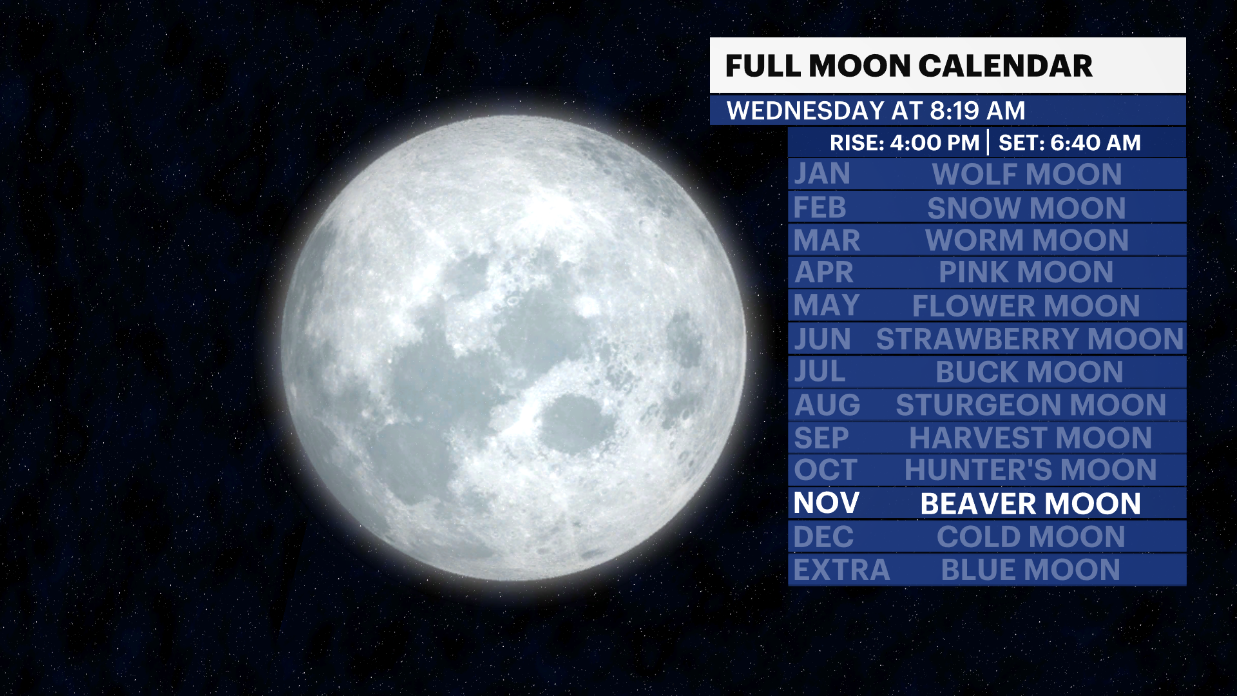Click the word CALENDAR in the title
(x=1005, y=66)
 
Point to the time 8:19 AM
(x=977, y=111)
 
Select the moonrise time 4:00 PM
(x=935, y=142)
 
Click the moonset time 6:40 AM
(x=1096, y=142)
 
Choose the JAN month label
(x=822, y=174)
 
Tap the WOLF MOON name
(x=1027, y=175)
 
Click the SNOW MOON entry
(x=1027, y=208)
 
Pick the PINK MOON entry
(x=1026, y=273)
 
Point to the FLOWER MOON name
(x=1026, y=306)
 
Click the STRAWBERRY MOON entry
(x=1030, y=340)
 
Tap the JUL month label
(x=820, y=372)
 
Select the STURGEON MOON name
(x=1031, y=405)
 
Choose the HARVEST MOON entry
(x=1031, y=438)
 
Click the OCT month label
(x=826, y=470)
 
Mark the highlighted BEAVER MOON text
(x=1031, y=504)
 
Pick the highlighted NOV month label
(x=827, y=503)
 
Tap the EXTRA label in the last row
(x=841, y=570)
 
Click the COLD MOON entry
(x=1031, y=537)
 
